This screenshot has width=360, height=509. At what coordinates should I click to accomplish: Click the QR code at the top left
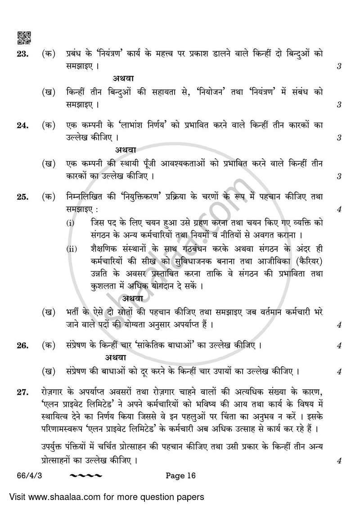24,38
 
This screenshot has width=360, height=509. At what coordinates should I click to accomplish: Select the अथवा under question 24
126,149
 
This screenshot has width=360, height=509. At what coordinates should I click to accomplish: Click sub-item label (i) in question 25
71,223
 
